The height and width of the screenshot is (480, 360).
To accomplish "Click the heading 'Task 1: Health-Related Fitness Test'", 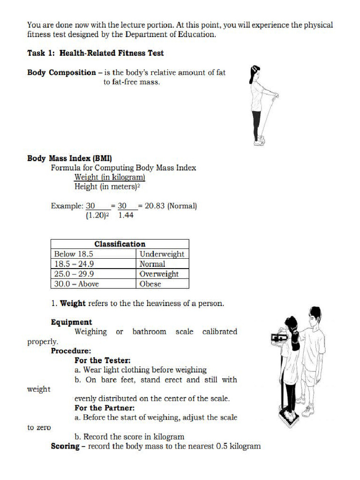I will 95,53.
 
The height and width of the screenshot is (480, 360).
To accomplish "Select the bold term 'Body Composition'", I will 61,72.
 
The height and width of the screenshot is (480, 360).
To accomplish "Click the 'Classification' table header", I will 120,244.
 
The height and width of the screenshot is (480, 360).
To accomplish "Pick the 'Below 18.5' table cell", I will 74,254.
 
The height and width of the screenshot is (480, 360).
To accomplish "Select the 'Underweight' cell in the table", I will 162,254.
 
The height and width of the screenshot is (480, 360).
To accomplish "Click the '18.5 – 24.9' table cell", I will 74,264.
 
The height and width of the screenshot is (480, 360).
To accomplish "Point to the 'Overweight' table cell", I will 159,274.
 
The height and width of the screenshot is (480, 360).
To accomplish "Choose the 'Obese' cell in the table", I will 150,284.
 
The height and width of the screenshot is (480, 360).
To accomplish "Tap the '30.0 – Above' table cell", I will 76,284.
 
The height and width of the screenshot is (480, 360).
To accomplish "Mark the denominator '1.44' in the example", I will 126,215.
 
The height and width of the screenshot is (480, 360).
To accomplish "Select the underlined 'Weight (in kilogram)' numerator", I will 110,177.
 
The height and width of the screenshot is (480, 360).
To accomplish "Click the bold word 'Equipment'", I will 71,322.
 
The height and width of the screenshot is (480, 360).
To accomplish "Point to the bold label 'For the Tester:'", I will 102,360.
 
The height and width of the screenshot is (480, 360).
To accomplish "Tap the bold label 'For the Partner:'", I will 104,408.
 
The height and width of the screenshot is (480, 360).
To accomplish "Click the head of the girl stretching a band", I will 256,73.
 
